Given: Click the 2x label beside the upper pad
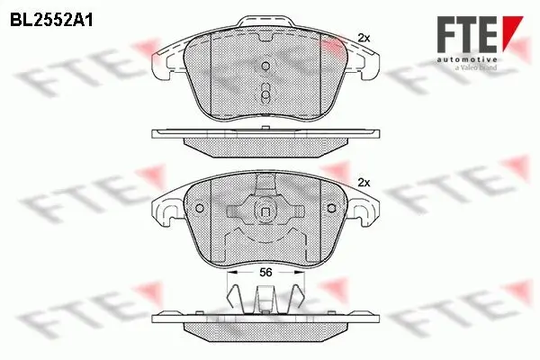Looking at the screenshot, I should [364, 37].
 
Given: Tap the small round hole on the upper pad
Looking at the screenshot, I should [265, 67].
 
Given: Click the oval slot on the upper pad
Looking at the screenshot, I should [265, 92].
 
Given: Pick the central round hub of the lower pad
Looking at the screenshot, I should [265, 212].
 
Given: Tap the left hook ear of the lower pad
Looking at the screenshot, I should [166, 213].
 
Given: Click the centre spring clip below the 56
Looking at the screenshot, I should [265, 296].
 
